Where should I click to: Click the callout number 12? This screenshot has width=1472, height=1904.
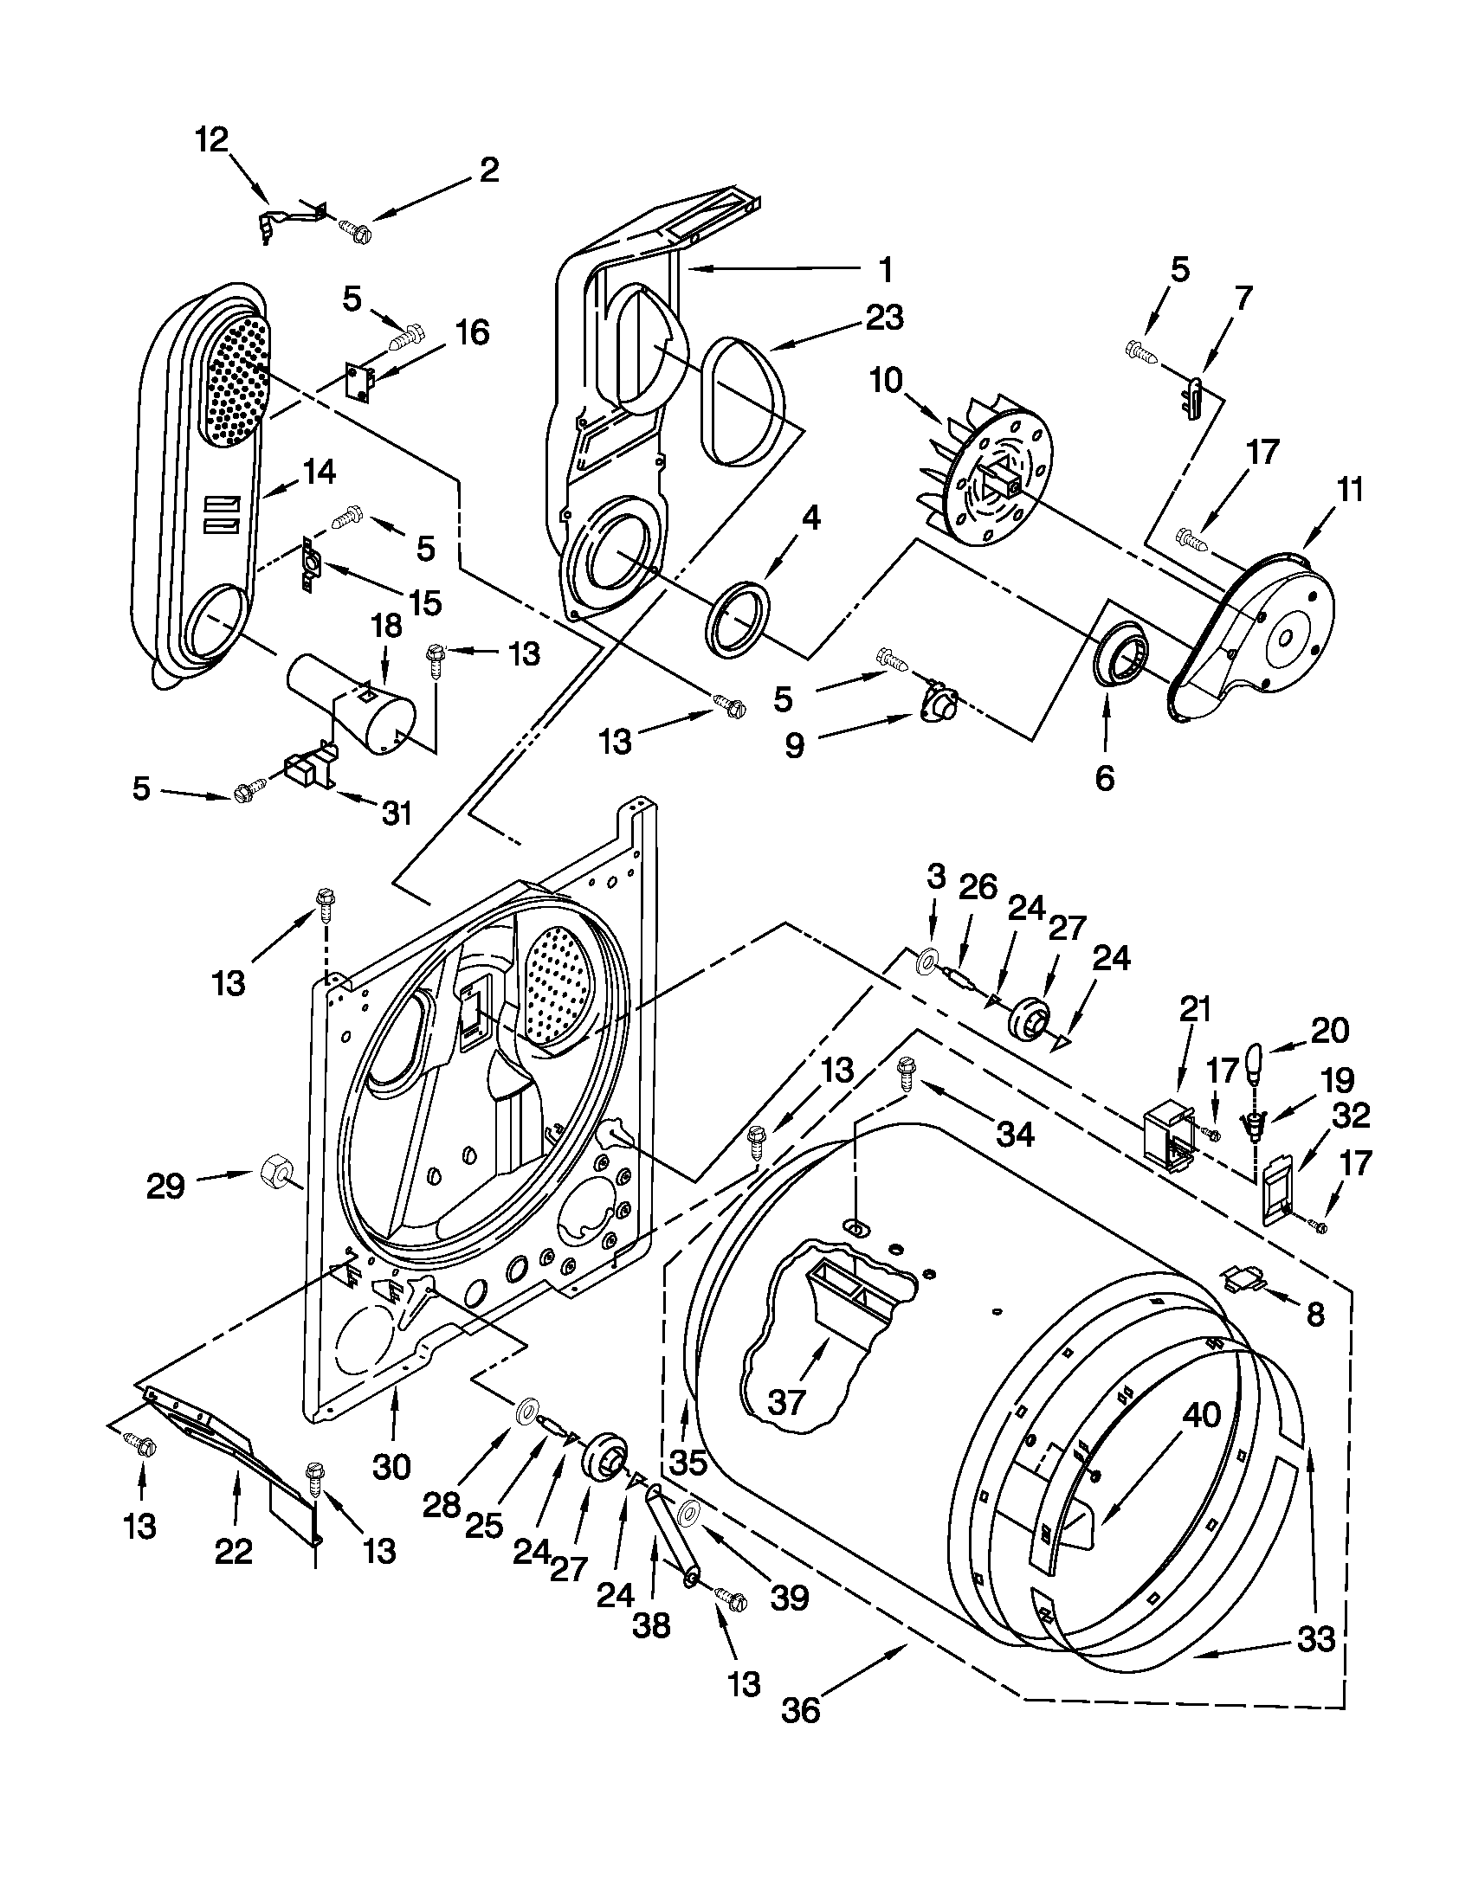pos(211,139)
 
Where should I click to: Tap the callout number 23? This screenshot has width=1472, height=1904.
pos(883,318)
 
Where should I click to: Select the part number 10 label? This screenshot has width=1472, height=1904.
pos(886,381)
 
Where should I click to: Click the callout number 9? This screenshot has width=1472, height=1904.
pos(793,746)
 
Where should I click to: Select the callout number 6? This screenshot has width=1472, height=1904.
pos(1104,779)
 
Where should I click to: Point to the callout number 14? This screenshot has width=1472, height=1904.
pos(318,472)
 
